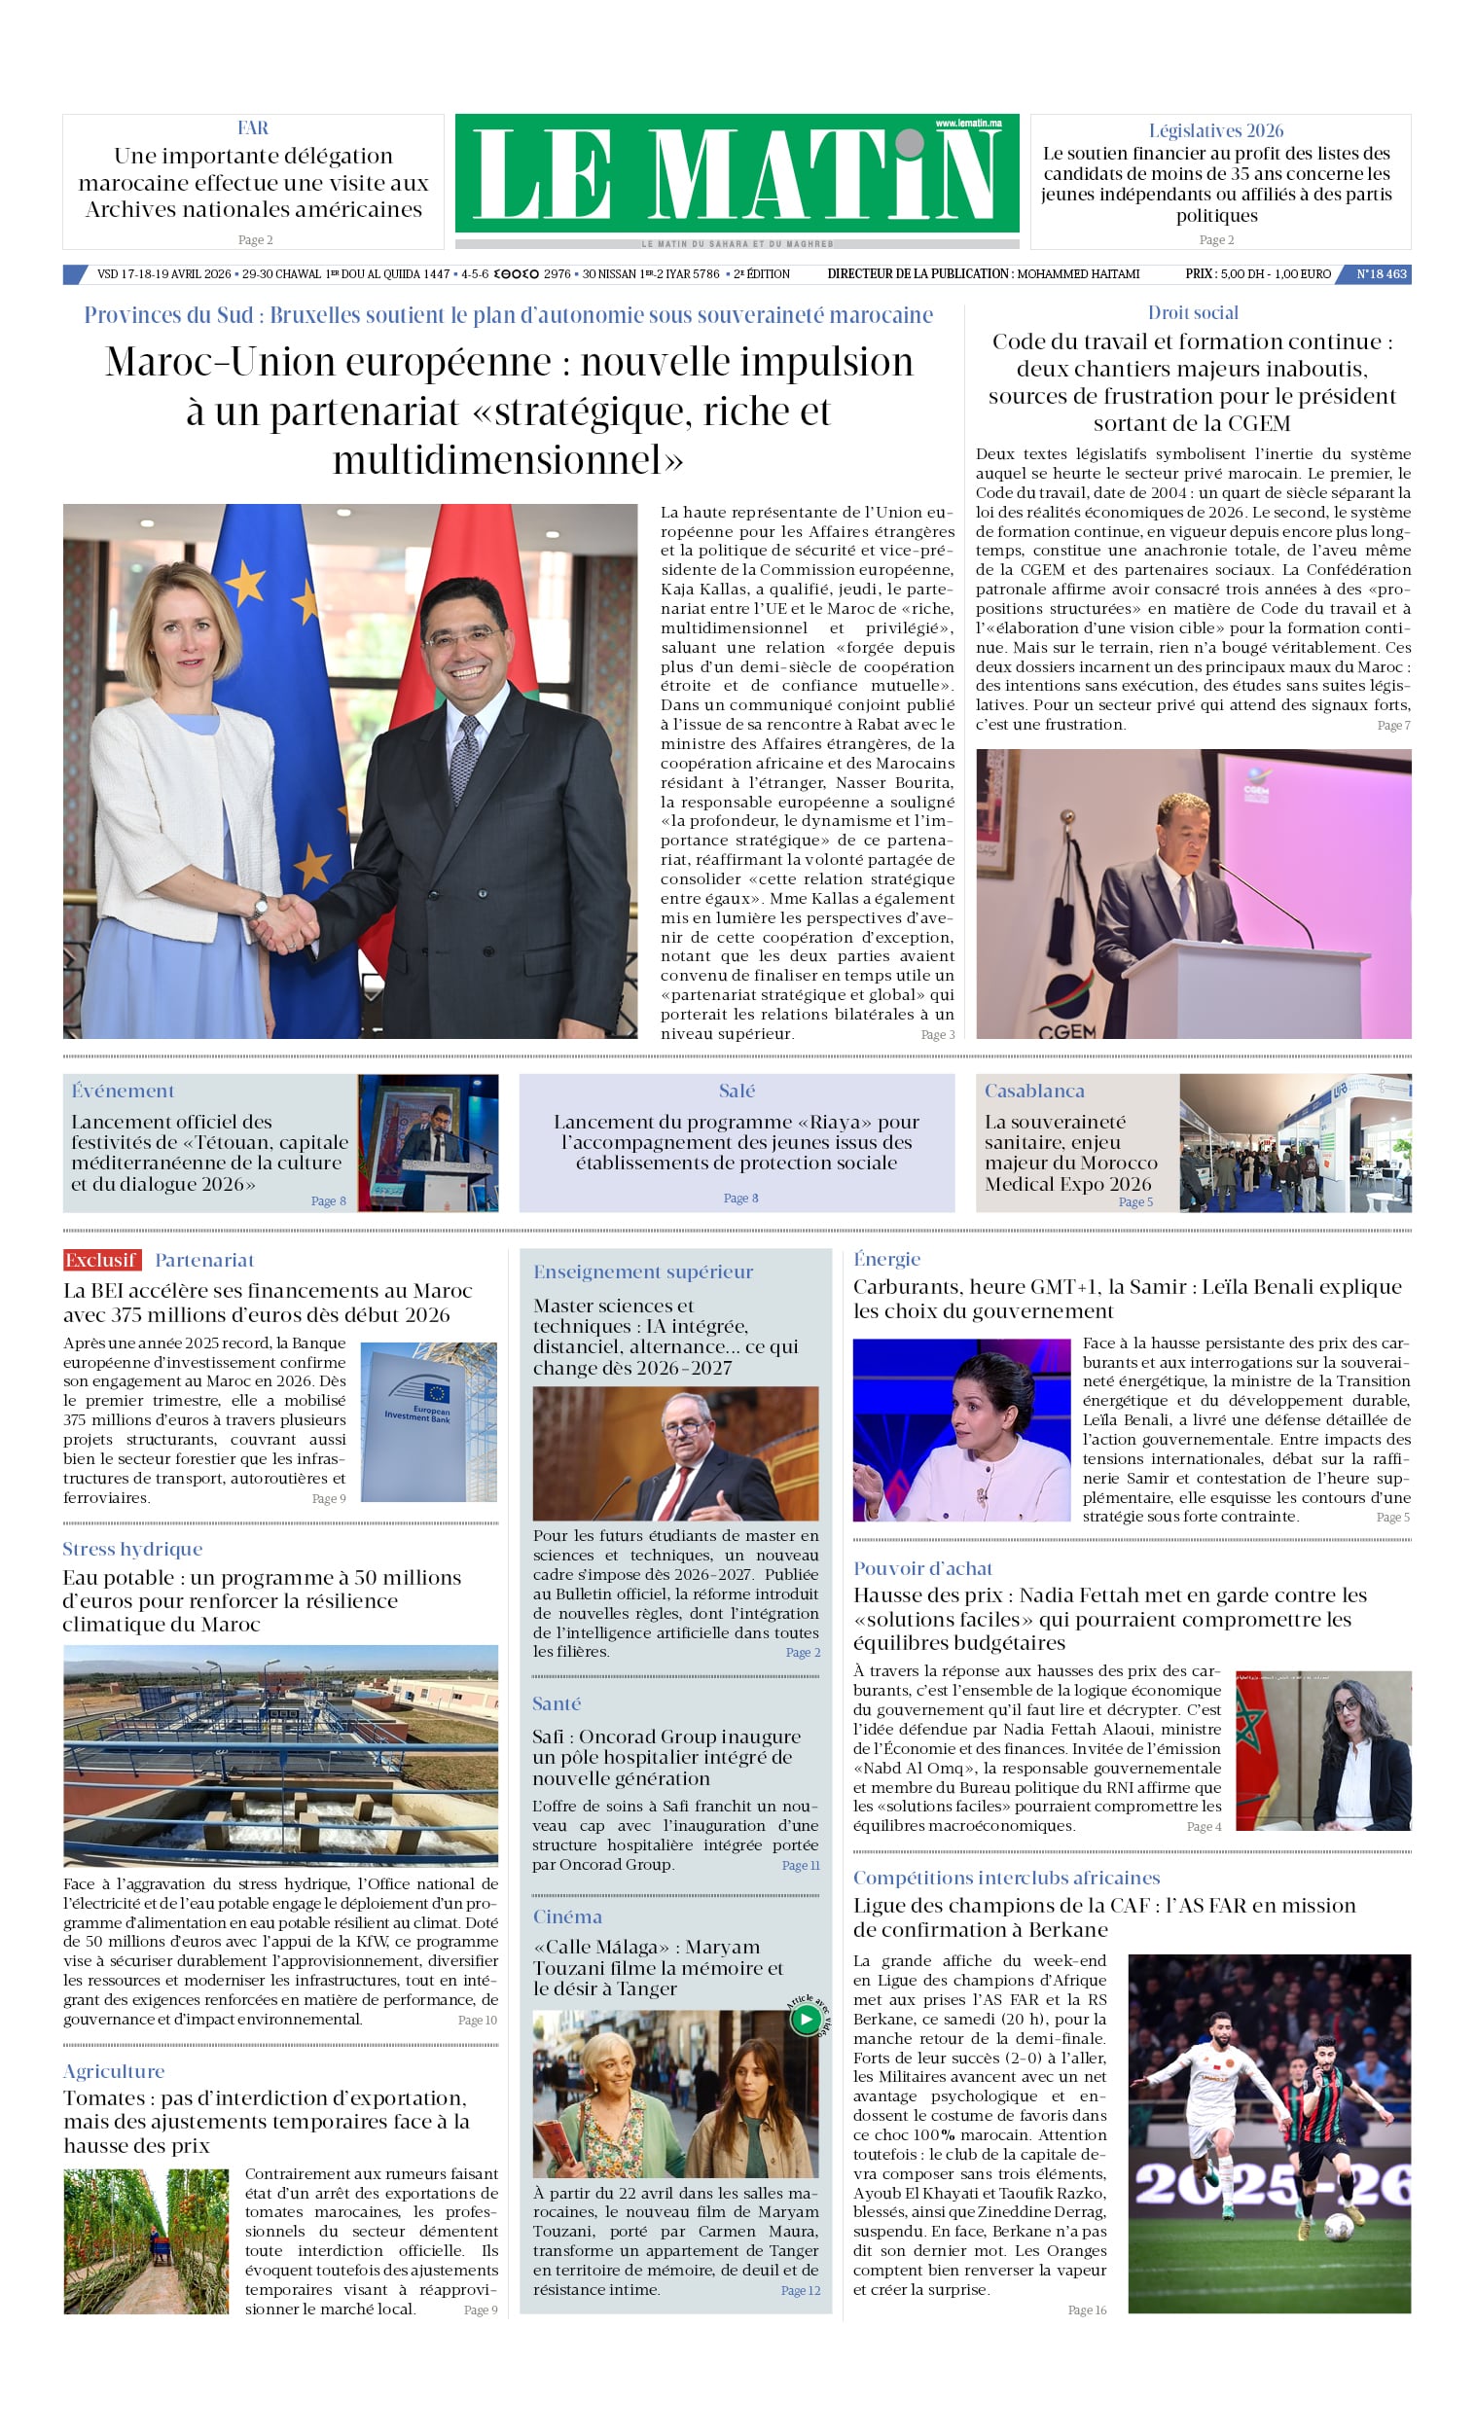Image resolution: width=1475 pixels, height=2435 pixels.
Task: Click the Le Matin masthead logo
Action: point(737,174)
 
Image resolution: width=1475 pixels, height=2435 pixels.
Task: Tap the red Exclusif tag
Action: point(102,1260)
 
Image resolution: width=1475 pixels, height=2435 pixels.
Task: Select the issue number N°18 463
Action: point(1380,273)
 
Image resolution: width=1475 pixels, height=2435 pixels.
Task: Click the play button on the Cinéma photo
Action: point(805,2018)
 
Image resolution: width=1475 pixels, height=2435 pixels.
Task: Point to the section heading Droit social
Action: point(1192,313)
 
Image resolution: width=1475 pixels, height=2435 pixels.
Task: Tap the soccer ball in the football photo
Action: point(1339,2227)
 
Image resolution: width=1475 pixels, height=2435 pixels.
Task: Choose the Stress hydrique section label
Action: point(132,1549)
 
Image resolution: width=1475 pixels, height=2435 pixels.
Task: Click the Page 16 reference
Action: point(1087,2310)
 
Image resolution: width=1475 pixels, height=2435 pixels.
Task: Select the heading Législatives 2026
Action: point(1216,130)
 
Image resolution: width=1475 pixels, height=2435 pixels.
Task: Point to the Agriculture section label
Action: point(114,2071)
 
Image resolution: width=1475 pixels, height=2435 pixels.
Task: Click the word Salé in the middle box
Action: point(737,1091)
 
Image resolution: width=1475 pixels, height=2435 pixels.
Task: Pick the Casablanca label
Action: point(1034,1091)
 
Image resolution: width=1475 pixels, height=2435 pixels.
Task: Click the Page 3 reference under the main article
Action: point(937,1035)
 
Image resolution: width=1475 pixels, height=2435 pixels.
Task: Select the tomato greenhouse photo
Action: point(146,2241)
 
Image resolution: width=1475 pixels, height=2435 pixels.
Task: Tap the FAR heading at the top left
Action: point(253,128)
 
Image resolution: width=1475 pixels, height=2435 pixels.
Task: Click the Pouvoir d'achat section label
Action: point(922,1568)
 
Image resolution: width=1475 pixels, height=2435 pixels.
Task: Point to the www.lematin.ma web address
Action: point(968,124)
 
